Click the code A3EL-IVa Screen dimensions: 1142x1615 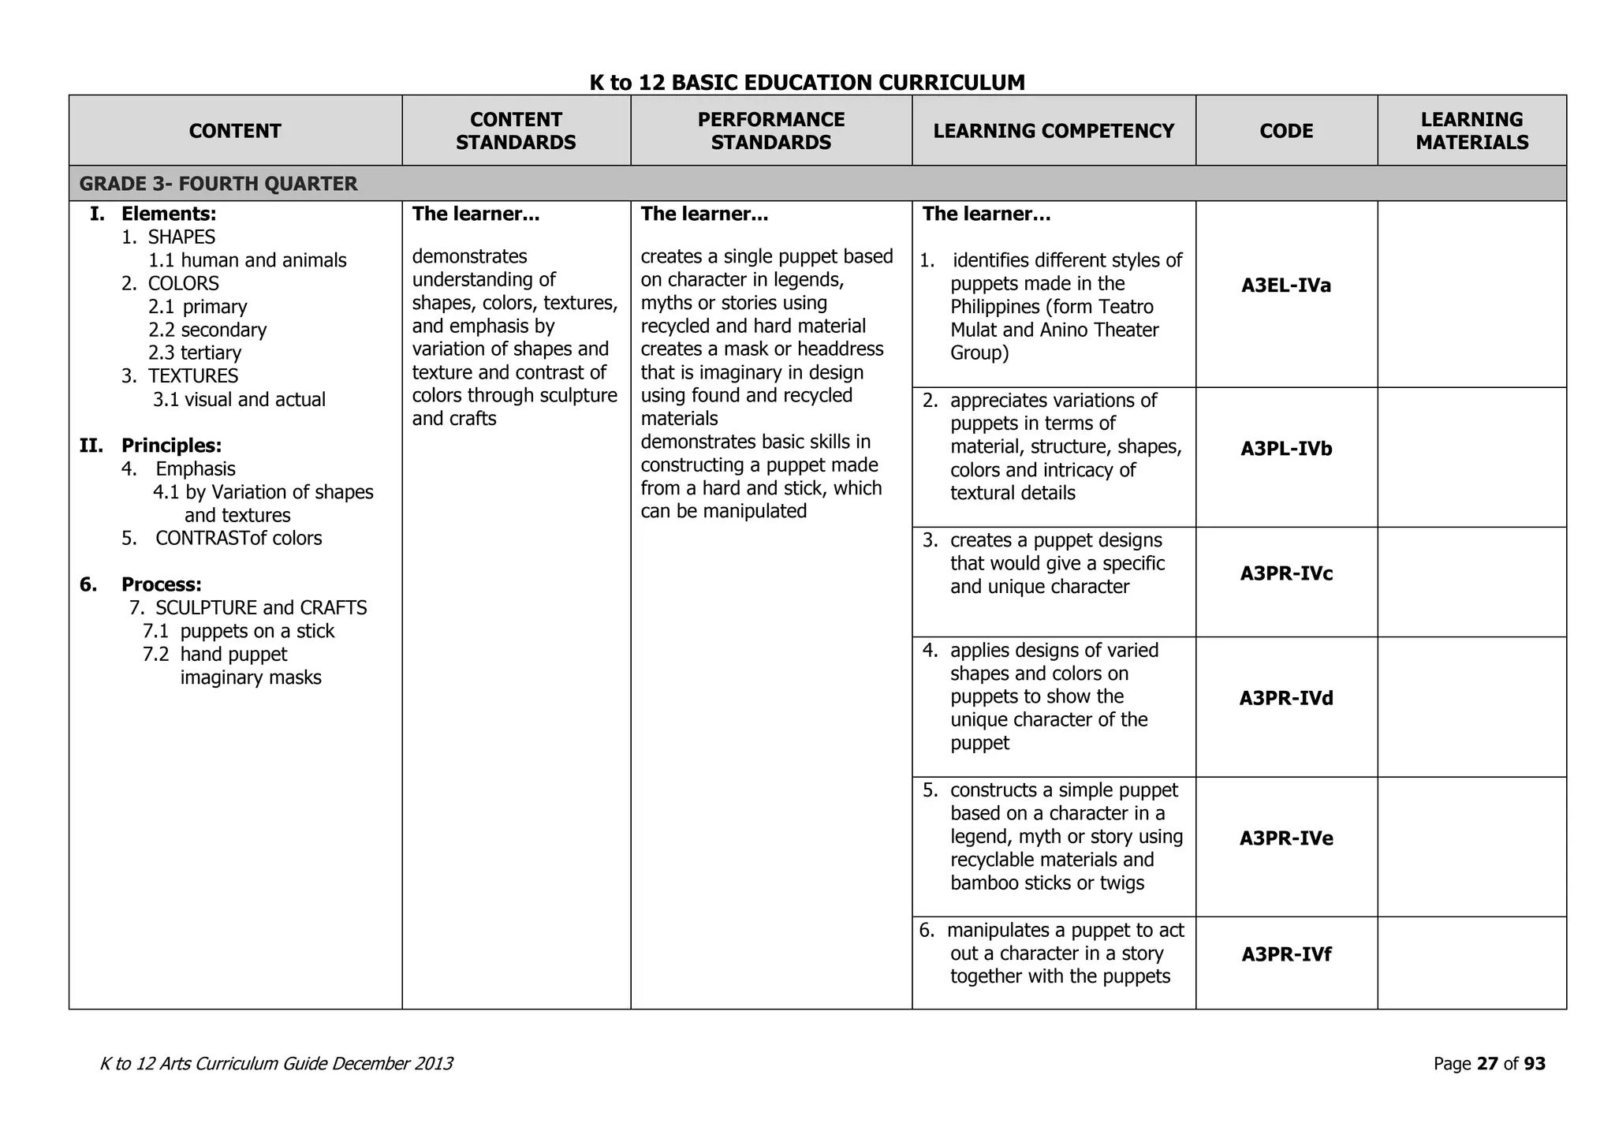tap(1286, 285)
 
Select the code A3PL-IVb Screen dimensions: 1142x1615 tap(1286, 449)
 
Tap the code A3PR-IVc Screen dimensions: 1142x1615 tap(1286, 573)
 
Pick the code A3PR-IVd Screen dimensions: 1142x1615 tap(1286, 698)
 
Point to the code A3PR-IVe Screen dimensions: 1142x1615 tap(1286, 838)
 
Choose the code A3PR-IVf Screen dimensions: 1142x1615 tap(1286, 954)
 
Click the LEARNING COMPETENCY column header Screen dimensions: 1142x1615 tap(1054, 131)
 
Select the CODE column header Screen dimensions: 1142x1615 tap(1286, 131)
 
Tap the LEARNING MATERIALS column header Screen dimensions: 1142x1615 tap(1471, 131)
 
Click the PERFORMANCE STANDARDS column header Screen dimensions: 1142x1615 tap(770, 131)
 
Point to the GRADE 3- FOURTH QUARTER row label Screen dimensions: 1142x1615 tap(218, 184)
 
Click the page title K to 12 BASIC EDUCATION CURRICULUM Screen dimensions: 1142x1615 tap(807, 82)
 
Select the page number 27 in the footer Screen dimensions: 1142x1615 tap(1487, 1064)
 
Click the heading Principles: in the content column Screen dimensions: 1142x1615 tap(171, 446)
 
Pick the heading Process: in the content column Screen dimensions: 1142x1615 tap(161, 584)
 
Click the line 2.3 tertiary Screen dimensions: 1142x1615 tap(195, 353)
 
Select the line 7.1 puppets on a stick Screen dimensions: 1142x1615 tap(238, 631)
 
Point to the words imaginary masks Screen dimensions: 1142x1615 tap(251, 677)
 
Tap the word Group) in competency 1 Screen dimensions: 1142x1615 tap(979, 353)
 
